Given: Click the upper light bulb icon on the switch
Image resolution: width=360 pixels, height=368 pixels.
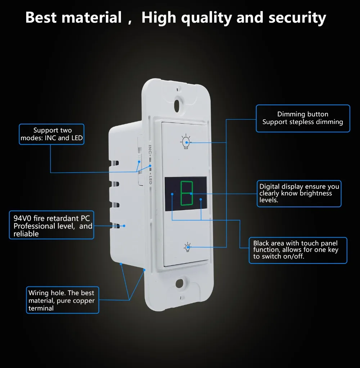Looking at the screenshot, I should coord(185,142).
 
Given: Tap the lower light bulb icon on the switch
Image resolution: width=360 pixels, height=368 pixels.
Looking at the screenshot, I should coord(187,247).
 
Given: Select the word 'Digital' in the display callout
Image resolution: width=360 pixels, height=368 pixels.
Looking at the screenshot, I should coord(270,186).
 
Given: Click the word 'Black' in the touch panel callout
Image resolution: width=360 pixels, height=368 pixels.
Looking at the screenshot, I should coord(261,243).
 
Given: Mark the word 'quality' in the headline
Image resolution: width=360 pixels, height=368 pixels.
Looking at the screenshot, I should coord(204,17).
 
